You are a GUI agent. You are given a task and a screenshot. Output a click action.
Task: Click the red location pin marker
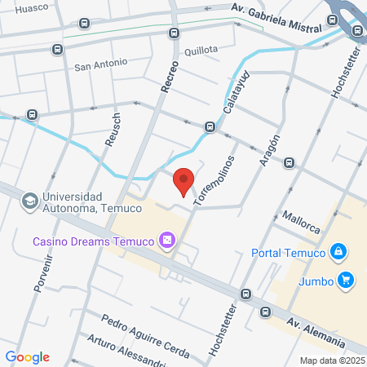(184, 181)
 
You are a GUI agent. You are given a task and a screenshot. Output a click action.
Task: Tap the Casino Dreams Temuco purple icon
(167, 240)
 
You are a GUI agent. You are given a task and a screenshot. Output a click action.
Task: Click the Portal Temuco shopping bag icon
(337, 252)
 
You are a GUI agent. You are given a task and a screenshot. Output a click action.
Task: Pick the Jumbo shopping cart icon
(347, 280)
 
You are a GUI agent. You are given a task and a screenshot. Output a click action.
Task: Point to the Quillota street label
(201, 49)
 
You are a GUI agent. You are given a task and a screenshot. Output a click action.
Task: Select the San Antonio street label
(101, 63)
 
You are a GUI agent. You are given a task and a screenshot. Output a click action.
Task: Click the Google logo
(27, 356)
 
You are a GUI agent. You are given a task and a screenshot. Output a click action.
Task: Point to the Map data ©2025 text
(332, 360)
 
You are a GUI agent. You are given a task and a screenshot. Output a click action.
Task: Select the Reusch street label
(112, 129)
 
